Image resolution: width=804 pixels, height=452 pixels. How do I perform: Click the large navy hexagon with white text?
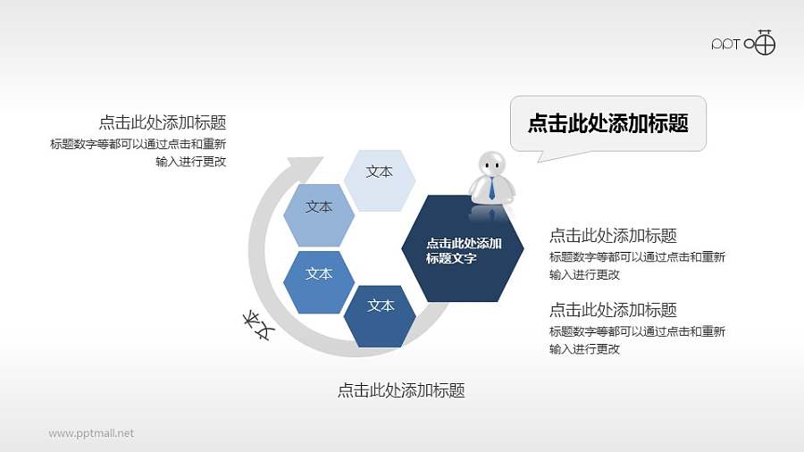click(463, 248)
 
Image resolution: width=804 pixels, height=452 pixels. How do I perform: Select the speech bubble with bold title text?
click(607, 123)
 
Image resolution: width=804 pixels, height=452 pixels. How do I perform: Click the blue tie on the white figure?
click(491, 188)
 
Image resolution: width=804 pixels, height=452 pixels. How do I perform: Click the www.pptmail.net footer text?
click(91, 433)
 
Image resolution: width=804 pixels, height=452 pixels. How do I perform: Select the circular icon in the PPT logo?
click(766, 43)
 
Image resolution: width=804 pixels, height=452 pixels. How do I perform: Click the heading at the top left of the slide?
click(162, 122)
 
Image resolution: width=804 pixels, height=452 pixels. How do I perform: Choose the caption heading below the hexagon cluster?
click(401, 390)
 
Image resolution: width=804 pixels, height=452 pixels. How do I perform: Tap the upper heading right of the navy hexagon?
click(613, 236)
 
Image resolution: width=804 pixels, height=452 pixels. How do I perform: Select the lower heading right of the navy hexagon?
click(613, 310)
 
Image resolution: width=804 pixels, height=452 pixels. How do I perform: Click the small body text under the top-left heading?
click(139, 153)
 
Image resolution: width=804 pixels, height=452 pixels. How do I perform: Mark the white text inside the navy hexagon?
click(464, 251)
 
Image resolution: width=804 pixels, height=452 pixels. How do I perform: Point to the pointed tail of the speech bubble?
click(540, 157)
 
